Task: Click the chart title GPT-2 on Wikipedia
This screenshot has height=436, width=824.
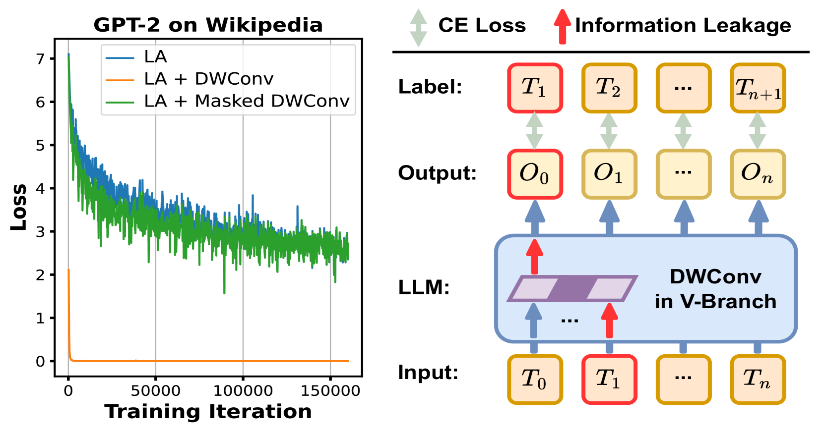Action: pos(208,25)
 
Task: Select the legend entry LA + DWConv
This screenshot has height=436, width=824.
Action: pos(208,79)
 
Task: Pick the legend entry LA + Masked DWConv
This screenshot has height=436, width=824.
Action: pos(247,101)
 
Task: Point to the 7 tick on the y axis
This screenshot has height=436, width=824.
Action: pos(40,59)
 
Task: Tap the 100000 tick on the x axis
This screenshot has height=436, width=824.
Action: pos(243,391)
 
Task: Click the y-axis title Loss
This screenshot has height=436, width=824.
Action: pos(19,207)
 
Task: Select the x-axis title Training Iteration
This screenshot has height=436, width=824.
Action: pos(208,412)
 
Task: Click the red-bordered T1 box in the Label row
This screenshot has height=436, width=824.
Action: pos(535,88)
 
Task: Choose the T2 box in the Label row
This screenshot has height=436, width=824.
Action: pos(609,88)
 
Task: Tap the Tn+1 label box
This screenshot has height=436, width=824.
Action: pos(758,88)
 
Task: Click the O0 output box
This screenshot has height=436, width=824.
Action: pos(535,174)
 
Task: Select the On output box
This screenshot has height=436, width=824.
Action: pos(758,174)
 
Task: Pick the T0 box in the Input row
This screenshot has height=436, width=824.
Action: pos(535,380)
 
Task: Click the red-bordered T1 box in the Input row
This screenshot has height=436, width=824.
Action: pos(609,380)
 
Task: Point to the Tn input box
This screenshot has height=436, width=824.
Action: pos(758,380)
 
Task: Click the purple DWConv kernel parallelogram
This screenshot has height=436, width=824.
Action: pos(572,289)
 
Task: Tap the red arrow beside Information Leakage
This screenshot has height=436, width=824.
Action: pos(562,26)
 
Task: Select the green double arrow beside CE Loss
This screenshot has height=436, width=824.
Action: pos(418,27)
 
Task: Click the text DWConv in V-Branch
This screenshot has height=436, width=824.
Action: pos(715,289)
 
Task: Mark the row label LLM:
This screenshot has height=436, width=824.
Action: pos(424,287)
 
